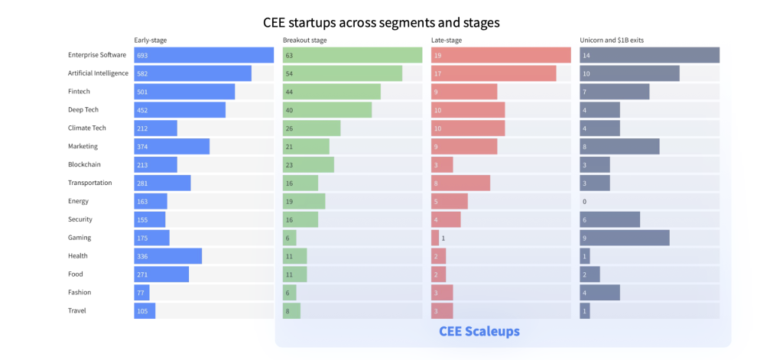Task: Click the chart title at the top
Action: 391,23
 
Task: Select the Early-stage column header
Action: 150,41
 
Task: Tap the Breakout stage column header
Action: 305,41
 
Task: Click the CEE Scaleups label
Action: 479,332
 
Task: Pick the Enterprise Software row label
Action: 96,55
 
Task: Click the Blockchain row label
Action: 84,164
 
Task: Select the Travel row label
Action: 77,310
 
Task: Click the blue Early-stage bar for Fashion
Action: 142,292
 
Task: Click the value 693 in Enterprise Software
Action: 141,56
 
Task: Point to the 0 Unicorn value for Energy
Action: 584,202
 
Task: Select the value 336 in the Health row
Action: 142,256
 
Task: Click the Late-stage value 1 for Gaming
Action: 443,238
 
